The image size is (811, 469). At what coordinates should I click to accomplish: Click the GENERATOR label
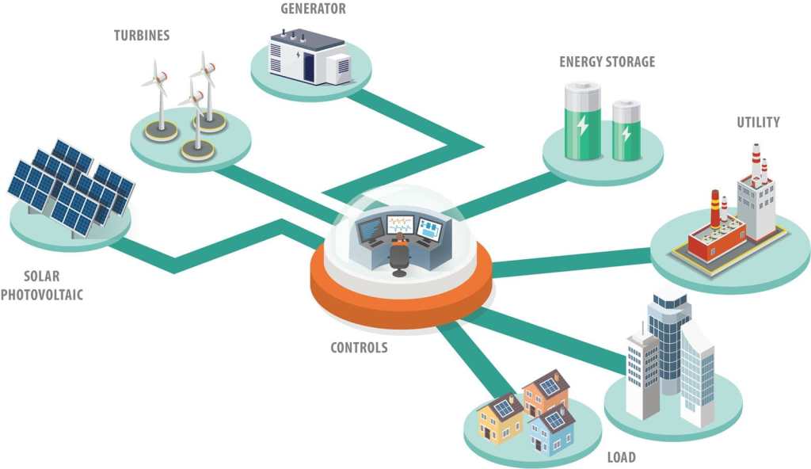(x=313, y=10)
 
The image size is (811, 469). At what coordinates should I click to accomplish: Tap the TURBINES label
(x=141, y=36)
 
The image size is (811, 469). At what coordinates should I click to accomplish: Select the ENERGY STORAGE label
(x=607, y=62)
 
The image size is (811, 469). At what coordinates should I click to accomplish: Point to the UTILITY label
(x=758, y=122)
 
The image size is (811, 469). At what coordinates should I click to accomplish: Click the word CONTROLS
(x=359, y=347)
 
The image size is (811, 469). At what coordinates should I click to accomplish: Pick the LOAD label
(x=622, y=457)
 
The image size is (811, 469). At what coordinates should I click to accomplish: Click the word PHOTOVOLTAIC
(x=42, y=296)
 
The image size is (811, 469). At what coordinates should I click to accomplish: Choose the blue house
(x=552, y=430)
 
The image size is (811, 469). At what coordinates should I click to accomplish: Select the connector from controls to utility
(x=570, y=262)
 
